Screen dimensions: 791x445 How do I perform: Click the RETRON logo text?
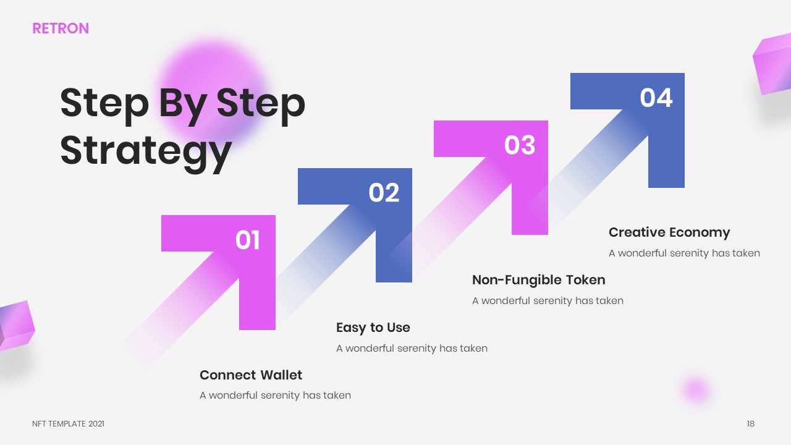point(61,28)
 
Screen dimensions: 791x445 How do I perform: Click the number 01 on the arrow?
point(247,240)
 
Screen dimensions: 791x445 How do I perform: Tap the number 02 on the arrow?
point(384,193)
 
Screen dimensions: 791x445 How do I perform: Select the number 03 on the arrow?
point(520,145)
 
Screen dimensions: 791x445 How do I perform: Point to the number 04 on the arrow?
point(656,98)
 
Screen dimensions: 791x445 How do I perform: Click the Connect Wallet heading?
point(251,375)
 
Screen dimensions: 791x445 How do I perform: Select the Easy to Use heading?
point(373,328)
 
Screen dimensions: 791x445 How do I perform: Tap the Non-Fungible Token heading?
point(538,280)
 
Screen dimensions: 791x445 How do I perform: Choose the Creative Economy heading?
point(669,232)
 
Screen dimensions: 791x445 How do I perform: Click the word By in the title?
point(183,105)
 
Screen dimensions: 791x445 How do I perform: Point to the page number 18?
point(750,423)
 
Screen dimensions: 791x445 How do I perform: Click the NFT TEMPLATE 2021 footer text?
point(68,423)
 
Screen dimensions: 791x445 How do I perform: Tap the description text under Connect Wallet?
point(275,395)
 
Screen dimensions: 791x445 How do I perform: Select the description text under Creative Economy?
point(684,253)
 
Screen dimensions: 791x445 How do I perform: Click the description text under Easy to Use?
point(412,348)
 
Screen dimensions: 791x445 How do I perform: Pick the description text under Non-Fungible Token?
point(548,300)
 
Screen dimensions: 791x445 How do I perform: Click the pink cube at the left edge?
point(17,326)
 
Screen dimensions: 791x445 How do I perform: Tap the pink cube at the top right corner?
point(772,65)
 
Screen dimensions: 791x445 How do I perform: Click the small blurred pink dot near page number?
point(696,389)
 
